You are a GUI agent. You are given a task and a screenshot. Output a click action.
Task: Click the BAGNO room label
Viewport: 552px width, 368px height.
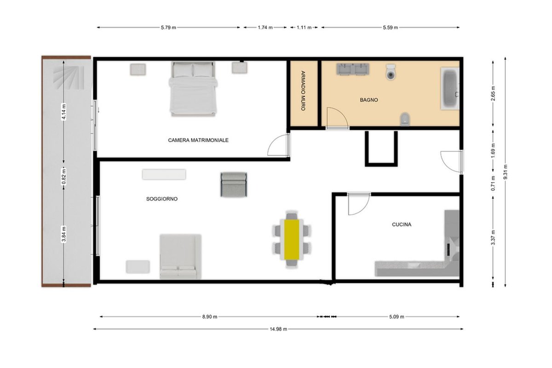pos(368,100)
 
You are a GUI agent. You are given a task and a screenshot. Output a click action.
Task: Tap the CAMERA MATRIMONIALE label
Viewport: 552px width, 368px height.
pos(198,140)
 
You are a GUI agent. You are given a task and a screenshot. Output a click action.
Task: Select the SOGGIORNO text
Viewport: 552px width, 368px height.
pos(162,199)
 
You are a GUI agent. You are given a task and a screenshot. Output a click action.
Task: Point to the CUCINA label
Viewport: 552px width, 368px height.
pos(402,224)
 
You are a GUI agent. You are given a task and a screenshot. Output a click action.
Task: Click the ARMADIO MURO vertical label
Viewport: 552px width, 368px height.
pos(303,91)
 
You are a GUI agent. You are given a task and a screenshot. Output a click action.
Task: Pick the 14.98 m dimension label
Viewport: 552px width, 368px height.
pos(278,329)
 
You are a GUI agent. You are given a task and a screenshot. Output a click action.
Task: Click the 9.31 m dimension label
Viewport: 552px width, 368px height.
pos(505,172)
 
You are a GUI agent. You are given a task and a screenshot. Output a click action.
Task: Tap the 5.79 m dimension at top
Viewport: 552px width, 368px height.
pos(168,28)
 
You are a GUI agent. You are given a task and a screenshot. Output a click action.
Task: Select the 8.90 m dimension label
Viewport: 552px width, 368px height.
pos(210,317)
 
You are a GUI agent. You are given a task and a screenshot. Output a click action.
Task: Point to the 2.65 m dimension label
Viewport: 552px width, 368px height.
pos(493,93)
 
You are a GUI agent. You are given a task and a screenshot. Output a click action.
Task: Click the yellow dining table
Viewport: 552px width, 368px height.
pos(292,240)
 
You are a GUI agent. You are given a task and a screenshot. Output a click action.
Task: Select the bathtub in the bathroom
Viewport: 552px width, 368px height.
pos(450,88)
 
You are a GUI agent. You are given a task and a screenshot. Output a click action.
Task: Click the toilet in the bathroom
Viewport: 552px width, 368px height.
pos(391,72)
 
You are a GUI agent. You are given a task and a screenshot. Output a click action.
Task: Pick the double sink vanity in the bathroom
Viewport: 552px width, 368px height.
pos(353,69)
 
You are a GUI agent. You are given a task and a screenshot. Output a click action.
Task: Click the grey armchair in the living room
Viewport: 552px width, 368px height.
pos(234,184)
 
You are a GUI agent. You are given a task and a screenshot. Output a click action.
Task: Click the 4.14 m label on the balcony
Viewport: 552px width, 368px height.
pos(64,112)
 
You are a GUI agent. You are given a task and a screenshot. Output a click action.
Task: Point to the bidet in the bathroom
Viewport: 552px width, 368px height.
pos(405,119)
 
